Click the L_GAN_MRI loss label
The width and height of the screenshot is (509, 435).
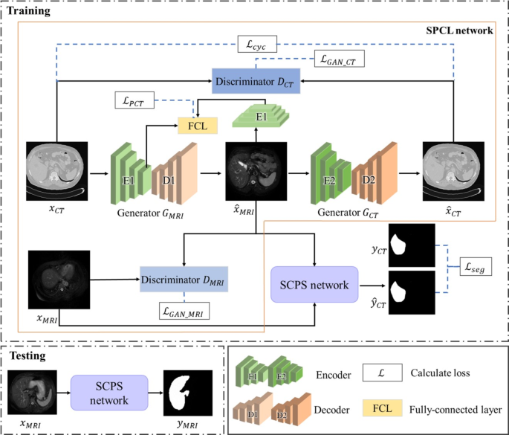click(x=184, y=311)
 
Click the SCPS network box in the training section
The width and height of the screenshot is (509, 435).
click(x=315, y=284)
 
